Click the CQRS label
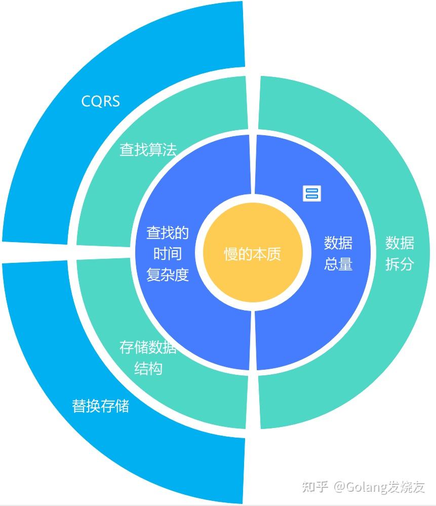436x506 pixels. tap(101, 101)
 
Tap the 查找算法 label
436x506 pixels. tap(148, 149)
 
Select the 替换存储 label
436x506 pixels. tap(100, 406)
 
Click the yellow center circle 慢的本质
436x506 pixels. tap(252, 253)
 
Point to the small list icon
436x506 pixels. tap(312, 193)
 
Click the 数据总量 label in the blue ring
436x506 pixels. tap(338, 253)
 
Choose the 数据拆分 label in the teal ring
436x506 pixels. tap(400, 253)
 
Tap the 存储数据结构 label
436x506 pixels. tap(148, 358)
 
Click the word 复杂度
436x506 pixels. tap(168, 275)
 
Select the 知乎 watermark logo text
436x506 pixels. tap(314, 487)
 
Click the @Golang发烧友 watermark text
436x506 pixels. tap(378, 487)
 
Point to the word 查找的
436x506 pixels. tap(168, 232)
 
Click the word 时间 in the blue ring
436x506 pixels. tap(168, 254)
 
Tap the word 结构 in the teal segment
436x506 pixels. tap(148, 368)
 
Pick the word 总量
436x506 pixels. tap(338, 264)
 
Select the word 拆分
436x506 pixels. tap(400, 264)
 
